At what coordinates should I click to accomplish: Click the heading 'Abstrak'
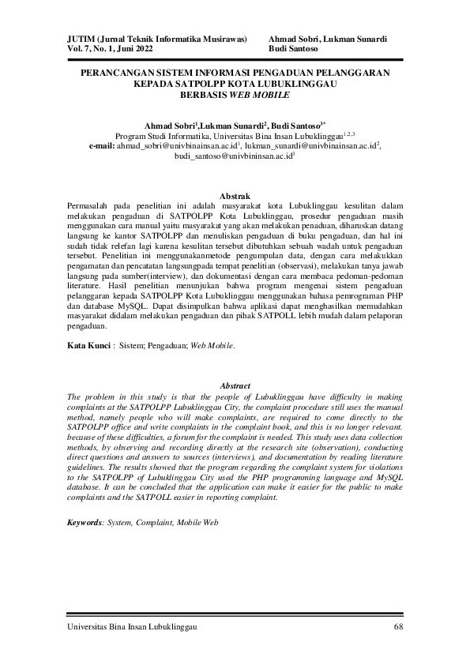click(235, 196)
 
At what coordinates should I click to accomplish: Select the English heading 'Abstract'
click(235, 385)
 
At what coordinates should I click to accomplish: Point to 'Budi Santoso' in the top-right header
click(293, 48)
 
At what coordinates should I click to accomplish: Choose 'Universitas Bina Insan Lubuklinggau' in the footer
click(131, 627)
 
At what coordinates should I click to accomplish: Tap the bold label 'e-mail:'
click(102, 146)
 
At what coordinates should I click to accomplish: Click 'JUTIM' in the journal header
click(80, 38)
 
